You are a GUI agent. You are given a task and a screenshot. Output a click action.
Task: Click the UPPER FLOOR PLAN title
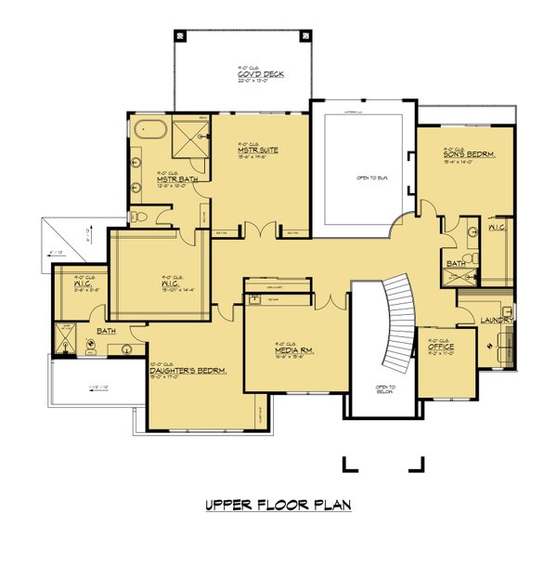pos(278,506)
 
